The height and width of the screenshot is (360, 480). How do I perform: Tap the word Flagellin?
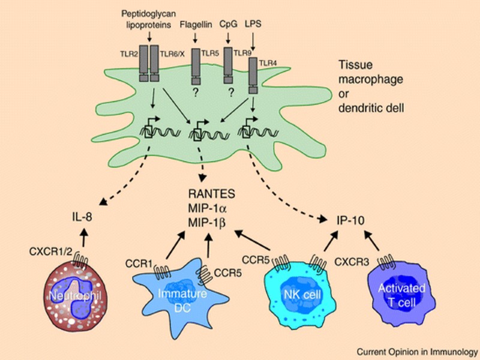(196, 25)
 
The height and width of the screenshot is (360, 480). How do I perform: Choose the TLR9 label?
(244, 53)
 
